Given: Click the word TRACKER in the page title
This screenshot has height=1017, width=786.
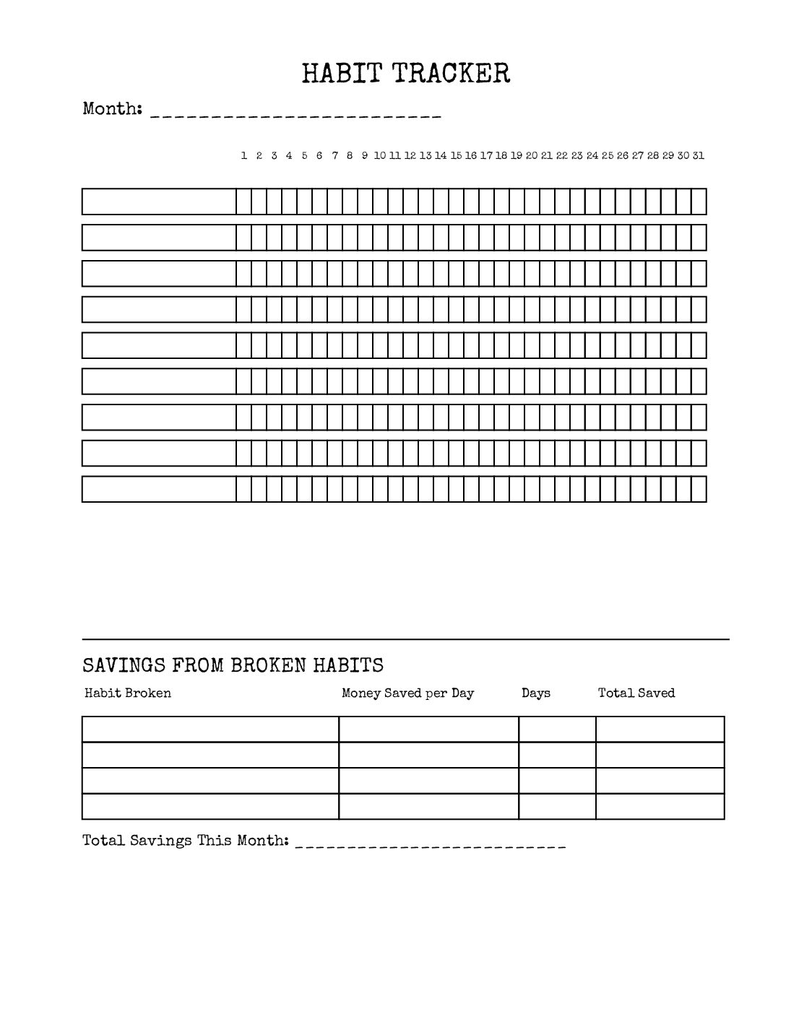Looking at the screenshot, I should tap(452, 73).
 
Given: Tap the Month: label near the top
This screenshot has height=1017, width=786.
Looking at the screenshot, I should tap(112, 109).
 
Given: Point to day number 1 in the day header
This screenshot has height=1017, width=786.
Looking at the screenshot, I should tap(244, 155).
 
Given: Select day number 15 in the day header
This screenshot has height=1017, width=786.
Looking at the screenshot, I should tap(456, 155).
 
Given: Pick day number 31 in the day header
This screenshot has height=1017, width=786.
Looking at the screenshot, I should tap(699, 155).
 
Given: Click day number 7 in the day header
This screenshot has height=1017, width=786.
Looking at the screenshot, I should tap(335, 155).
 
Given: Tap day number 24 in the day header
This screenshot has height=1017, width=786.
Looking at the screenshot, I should tap(592, 155).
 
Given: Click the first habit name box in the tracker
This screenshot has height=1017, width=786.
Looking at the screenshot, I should tap(159, 202).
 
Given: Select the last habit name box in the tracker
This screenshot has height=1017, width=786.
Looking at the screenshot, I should tap(159, 489).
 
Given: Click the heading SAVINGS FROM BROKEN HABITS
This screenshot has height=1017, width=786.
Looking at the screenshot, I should tap(233, 665).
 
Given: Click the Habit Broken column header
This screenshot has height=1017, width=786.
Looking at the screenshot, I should tap(128, 693).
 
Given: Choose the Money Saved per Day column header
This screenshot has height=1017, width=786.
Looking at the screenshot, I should tap(408, 693).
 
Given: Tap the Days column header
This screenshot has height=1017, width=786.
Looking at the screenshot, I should tap(536, 693).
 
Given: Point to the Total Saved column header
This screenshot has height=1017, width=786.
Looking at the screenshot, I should tap(636, 693).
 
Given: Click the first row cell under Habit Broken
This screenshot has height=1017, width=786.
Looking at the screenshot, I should tap(210, 730).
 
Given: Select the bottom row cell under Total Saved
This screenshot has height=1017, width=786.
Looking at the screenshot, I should tap(660, 807).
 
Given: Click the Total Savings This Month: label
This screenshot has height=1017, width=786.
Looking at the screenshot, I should tap(186, 841).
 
